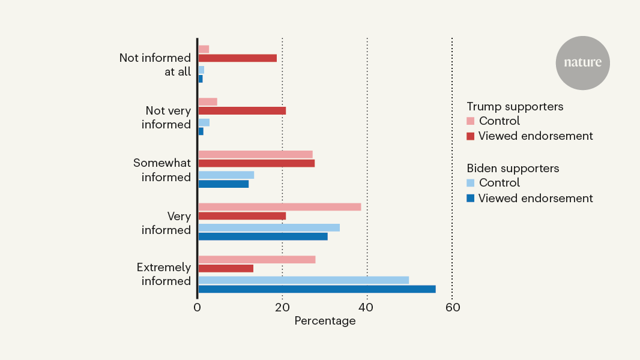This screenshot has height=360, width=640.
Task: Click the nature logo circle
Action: [x=582, y=63]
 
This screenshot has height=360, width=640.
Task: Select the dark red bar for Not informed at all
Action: [x=238, y=58]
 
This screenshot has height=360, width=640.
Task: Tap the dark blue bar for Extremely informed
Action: [x=317, y=289]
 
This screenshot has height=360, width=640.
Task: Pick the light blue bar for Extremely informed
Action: [x=304, y=280]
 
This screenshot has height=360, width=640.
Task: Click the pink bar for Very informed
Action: [x=280, y=207]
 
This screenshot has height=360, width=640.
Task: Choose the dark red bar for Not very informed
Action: [x=242, y=110]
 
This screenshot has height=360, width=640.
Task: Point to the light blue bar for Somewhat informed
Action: [x=226, y=175]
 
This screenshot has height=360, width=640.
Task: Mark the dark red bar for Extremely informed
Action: [x=226, y=268]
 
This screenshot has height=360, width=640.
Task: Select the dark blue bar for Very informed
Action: [x=263, y=236]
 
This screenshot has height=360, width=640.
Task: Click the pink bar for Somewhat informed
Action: [x=256, y=155]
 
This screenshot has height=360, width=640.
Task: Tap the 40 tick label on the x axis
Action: [x=366, y=307]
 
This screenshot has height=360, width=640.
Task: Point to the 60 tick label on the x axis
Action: [x=453, y=307]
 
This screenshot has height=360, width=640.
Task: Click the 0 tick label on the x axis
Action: [x=197, y=307]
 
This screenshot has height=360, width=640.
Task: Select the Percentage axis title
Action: [x=325, y=321]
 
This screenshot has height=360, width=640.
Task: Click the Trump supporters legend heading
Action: [x=515, y=106]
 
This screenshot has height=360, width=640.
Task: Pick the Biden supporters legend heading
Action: [x=513, y=169]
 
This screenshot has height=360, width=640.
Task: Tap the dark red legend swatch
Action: [x=471, y=136]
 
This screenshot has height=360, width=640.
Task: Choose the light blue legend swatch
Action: [x=471, y=183]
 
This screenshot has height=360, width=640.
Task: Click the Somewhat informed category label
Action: [x=162, y=170]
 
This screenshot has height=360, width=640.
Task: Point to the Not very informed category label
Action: [x=166, y=118]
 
